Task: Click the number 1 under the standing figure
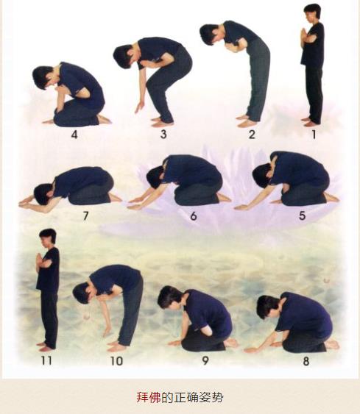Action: pos(314,135)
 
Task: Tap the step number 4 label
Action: pos(74,135)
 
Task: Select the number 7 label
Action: pos(85,216)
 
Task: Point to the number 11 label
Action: pos(46,360)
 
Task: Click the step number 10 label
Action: pos(116,361)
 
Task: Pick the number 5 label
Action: pos(302,215)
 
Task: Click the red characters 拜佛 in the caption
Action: pos(149,397)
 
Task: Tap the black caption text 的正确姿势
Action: pos(192,397)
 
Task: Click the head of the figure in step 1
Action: pos(312,12)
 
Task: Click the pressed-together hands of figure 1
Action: pos(303,34)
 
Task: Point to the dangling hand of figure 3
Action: pos(140,107)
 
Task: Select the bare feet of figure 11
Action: pos(46,347)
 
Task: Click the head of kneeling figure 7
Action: pos(44,194)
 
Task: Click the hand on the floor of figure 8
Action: pos(251,350)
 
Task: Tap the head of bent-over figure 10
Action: pos(82,293)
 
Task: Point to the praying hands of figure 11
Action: pos(40,260)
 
